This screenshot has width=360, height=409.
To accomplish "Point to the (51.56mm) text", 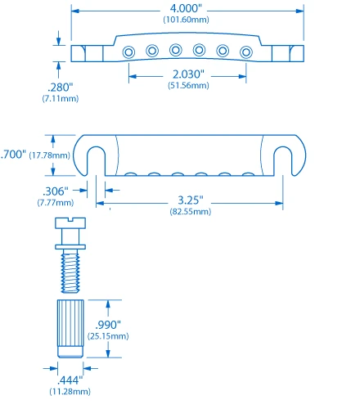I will [x=187, y=85].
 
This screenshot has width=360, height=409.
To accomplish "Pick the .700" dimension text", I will [x=13, y=154].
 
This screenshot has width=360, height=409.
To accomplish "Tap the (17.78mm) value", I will [x=52, y=154].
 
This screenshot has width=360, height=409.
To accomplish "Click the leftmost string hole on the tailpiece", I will [x=129, y=52].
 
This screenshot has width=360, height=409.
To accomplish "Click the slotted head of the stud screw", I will [x=70, y=222].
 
